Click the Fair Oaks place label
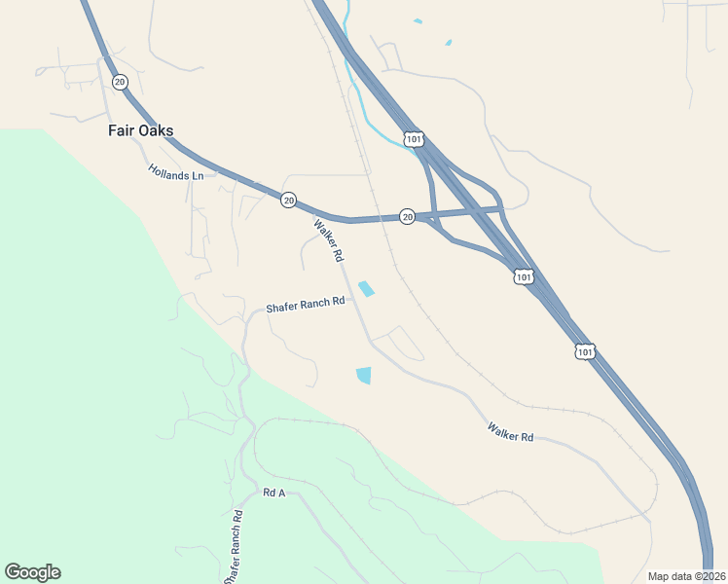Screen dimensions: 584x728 [140, 130]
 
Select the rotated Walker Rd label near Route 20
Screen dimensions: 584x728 [329, 240]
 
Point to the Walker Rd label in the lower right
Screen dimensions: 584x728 [511, 431]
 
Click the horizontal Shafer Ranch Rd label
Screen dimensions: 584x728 [306, 303]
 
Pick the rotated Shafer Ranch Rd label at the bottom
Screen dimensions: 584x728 [235, 545]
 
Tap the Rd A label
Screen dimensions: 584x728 [273, 493]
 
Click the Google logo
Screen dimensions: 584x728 [32, 572]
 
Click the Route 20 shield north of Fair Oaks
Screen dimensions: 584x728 [119, 82]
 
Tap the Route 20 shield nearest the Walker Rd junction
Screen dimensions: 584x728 [288, 200]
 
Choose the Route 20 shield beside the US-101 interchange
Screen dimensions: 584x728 [408, 216]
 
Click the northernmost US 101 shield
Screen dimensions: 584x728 [414, 139]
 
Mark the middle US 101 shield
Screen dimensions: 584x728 [524, 277]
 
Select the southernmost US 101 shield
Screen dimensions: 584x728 [584, 350]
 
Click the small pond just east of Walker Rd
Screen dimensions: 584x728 [367, 289]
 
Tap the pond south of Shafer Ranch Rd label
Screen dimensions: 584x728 [364, 375]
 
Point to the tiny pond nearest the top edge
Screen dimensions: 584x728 [418, 20]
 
